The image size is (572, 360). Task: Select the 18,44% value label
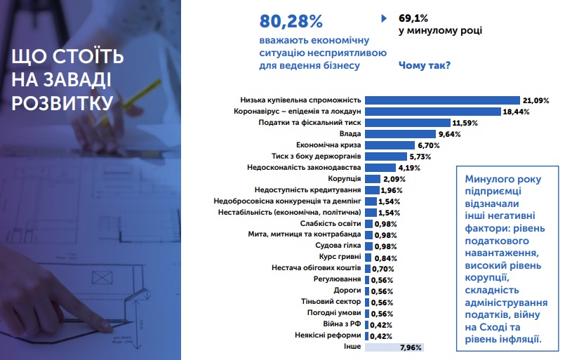(x=516, y=112)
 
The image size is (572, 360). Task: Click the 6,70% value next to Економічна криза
(x=428, y=145)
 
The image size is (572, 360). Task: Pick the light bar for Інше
(x=394, y=347)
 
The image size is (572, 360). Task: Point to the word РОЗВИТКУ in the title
(x=62, y=102)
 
